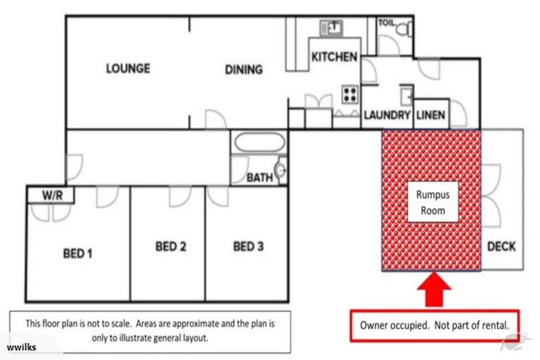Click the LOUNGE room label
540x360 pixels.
128,68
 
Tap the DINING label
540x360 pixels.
243,70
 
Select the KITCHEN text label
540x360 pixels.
335,57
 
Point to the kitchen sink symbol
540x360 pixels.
330,28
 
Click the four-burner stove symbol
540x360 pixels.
349,94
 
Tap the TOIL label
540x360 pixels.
387,22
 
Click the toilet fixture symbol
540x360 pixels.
403,31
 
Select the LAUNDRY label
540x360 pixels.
386,115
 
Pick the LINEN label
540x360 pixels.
430,115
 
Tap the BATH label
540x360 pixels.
259,178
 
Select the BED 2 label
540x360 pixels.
170,247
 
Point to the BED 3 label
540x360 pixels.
248,247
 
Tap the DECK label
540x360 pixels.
501,246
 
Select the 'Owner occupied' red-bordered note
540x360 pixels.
434,326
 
